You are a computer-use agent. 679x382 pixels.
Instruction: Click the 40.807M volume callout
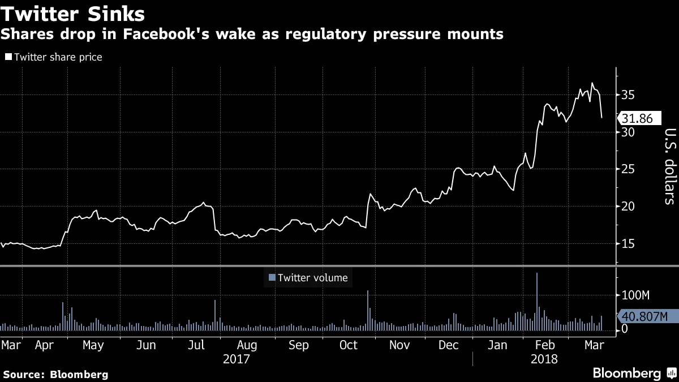coord(644,316)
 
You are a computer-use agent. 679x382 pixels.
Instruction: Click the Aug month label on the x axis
coord(247,345)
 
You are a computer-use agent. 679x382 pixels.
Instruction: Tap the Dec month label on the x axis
coord(449,345)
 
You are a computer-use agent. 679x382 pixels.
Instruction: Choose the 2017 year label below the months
coord(237,359)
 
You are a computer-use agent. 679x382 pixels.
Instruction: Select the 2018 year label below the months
coord(544,359)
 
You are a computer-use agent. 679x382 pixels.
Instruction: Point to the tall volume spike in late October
coord(367,309)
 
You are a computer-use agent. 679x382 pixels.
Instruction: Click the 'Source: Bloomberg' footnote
coord(55,374)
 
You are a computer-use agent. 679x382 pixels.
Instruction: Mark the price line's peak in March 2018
coord(592,84)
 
